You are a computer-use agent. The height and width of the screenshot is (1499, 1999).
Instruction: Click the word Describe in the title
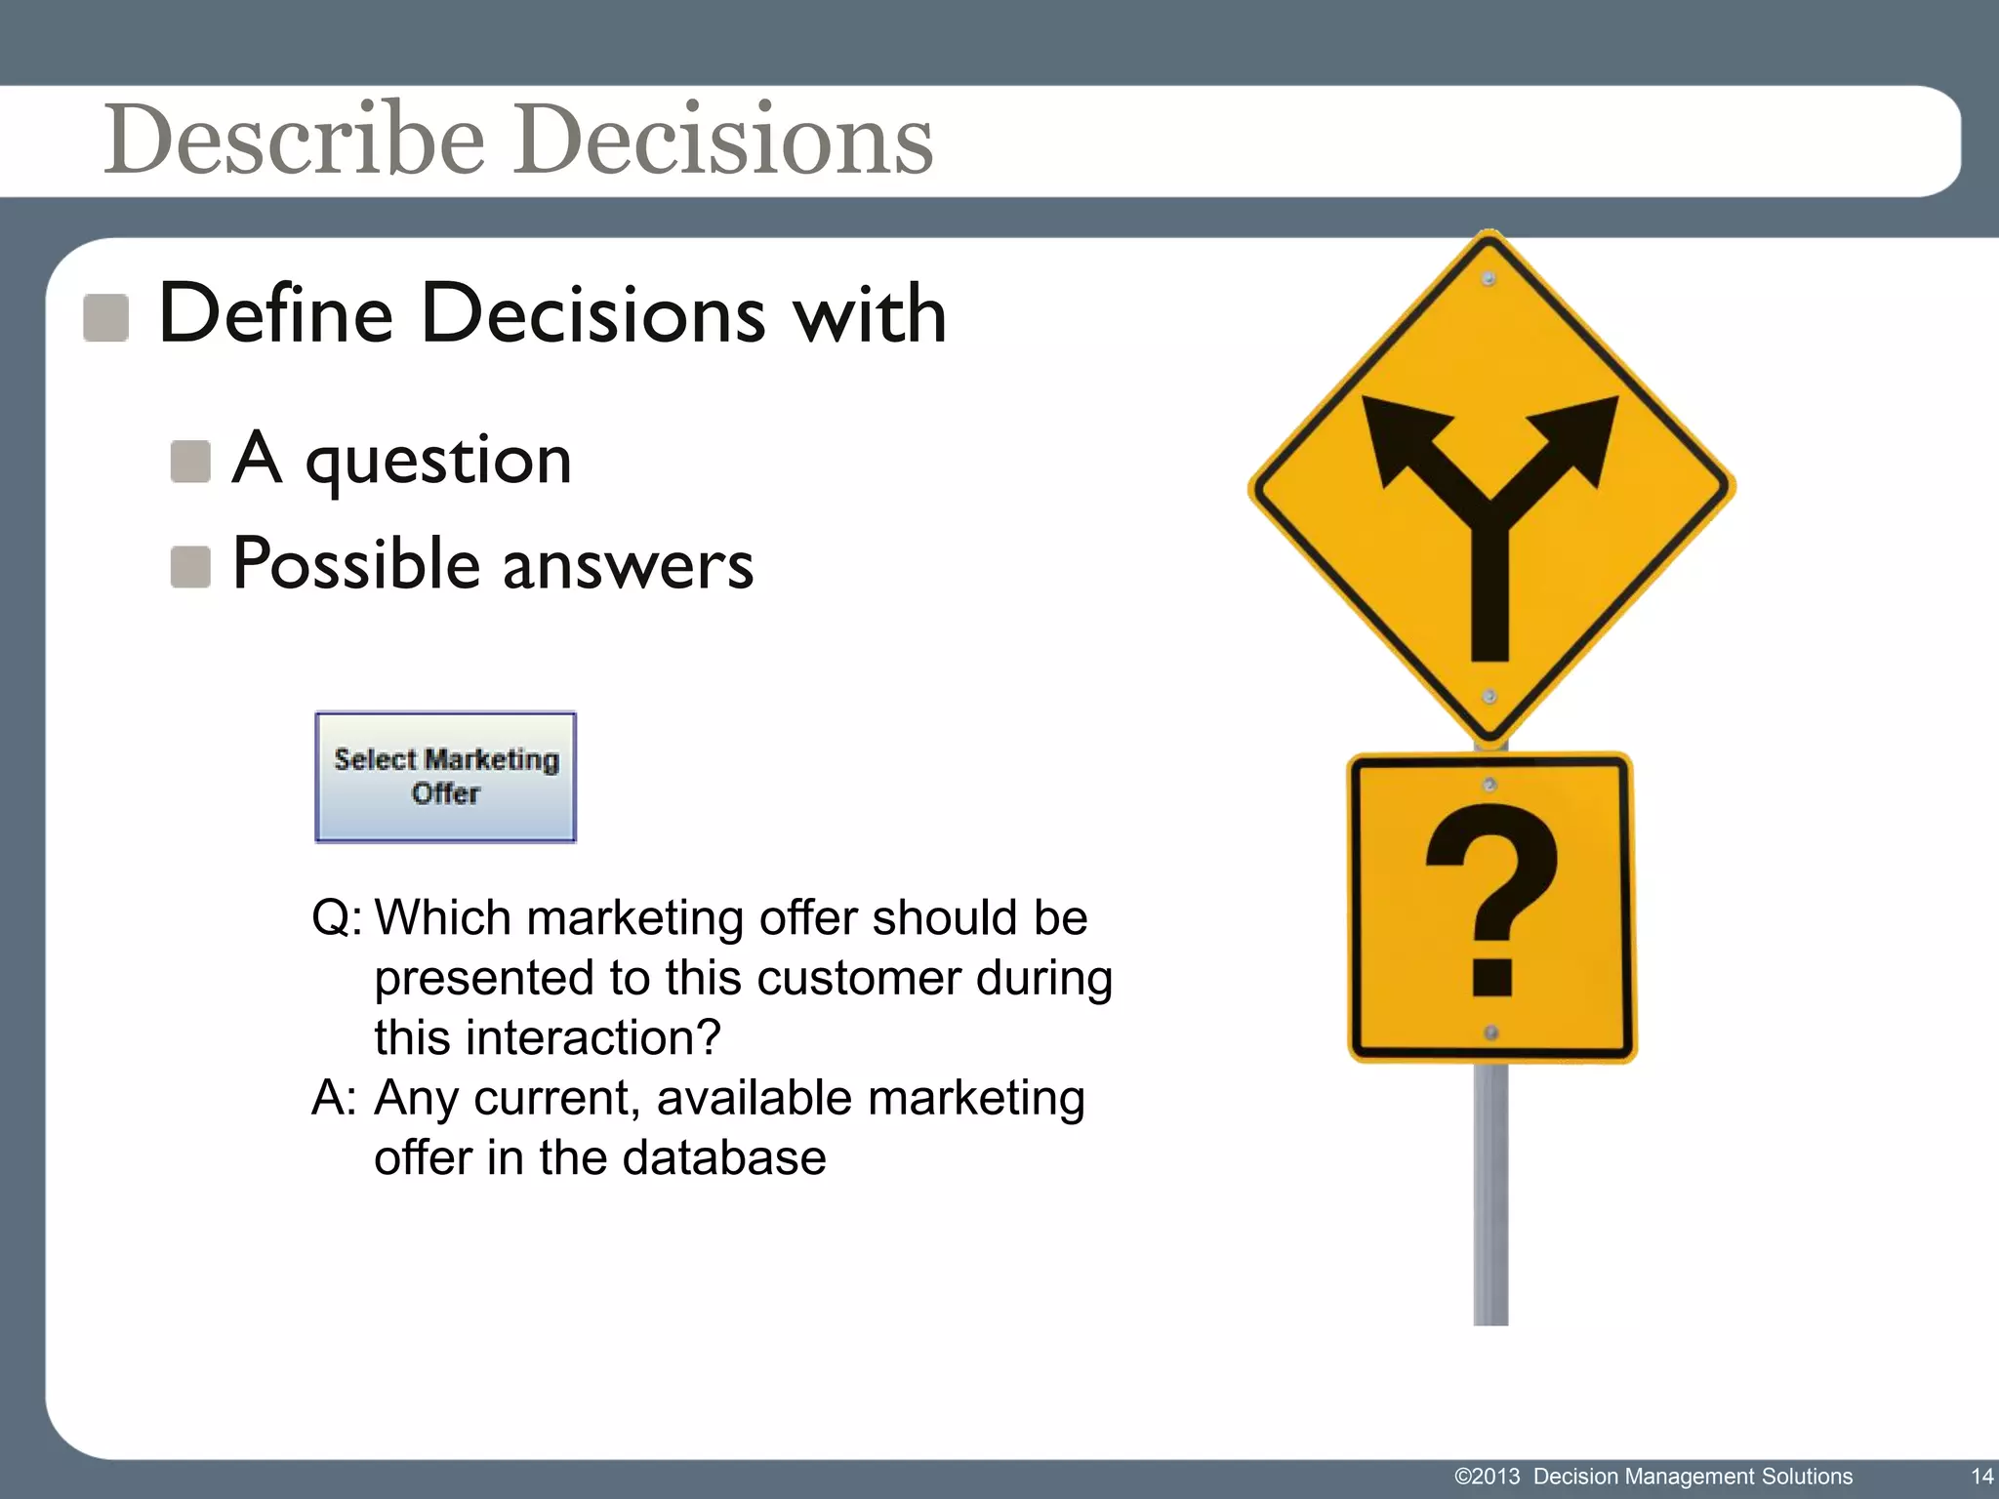tap(294, 140)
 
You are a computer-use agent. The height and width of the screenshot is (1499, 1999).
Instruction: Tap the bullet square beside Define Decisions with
tap(105, 318)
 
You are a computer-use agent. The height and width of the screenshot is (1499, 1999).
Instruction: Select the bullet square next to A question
tap(190, 462)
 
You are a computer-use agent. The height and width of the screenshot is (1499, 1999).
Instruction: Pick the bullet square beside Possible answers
tap(190, 567)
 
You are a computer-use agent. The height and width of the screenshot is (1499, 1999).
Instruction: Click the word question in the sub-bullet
tap(438, 462)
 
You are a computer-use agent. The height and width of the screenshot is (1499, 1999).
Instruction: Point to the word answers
tap(628, 566)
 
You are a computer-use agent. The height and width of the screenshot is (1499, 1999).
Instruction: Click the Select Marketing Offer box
tap(445, 777)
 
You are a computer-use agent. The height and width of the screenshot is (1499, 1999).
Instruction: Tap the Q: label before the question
tap(336, 918)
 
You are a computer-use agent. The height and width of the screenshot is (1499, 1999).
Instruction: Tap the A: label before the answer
tap(334, 1099)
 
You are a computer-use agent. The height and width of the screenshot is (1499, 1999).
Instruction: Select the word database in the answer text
tap(723, 1158)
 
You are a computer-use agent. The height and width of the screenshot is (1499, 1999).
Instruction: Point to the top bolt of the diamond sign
tap(1489, 279)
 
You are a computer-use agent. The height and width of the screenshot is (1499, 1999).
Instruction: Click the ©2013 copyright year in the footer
tap(1487, 1477)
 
